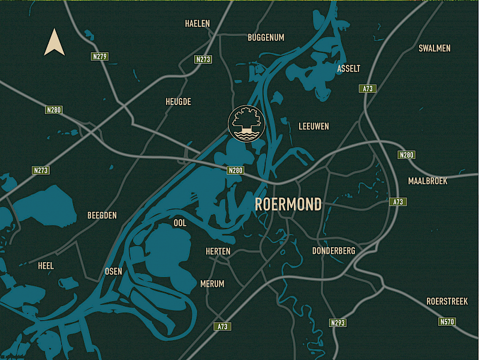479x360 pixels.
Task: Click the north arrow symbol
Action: (55, 43)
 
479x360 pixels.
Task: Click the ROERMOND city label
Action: (288, 204)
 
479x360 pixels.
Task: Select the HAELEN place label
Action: (197, 23)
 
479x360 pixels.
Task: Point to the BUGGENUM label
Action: (266, 37)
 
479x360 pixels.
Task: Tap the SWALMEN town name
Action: (435, 48)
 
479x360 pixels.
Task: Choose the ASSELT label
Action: (348, 68)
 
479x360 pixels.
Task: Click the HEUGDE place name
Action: (178, 101)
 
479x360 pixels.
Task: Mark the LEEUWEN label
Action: (314, 126)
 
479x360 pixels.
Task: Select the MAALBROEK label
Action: (427, 181)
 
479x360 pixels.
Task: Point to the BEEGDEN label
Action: (102, 215)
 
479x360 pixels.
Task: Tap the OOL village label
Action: (180, 223)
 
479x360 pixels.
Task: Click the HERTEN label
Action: (218, 251)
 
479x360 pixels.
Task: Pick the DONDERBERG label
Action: (334, 250)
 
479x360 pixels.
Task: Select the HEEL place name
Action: (45, 265)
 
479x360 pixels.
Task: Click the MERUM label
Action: (212, 283)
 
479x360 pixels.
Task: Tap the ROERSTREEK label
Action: (447, 301)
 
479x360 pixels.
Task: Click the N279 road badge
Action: (100, 56)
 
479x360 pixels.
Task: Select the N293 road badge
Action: (338, 323)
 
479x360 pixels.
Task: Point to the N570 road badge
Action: (447, 322)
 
